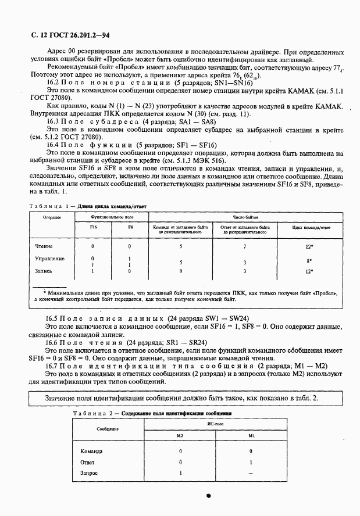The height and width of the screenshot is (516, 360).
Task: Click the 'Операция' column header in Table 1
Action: (48, 217)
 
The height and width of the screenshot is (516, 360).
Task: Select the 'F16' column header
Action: (93, 228)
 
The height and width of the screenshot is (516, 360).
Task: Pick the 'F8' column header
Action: (130, 228)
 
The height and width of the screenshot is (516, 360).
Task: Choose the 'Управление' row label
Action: (50, 259)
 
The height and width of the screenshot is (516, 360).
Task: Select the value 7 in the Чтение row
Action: (244, 246)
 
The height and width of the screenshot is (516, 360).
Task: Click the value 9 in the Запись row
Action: (181, 271)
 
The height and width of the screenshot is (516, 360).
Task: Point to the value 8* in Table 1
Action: (311, 261)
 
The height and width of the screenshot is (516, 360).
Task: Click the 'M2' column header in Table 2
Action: (180, 435)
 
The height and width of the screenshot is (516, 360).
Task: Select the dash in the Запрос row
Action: (251, 473)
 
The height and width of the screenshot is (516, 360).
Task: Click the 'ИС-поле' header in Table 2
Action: (215, 425)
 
